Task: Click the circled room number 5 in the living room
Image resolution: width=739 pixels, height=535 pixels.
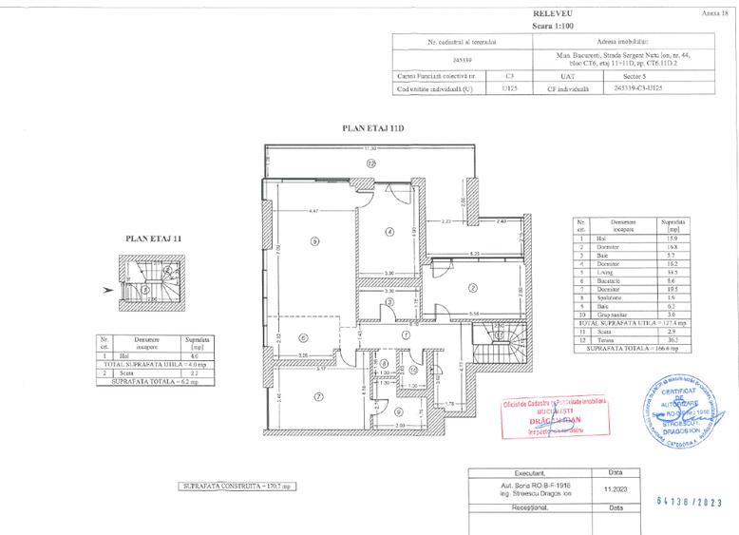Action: (x=313, y=241)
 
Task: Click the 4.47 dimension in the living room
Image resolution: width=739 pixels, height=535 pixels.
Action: (x=313, y=210)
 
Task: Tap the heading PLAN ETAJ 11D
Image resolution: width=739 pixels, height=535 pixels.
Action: (x=372, y=126)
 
